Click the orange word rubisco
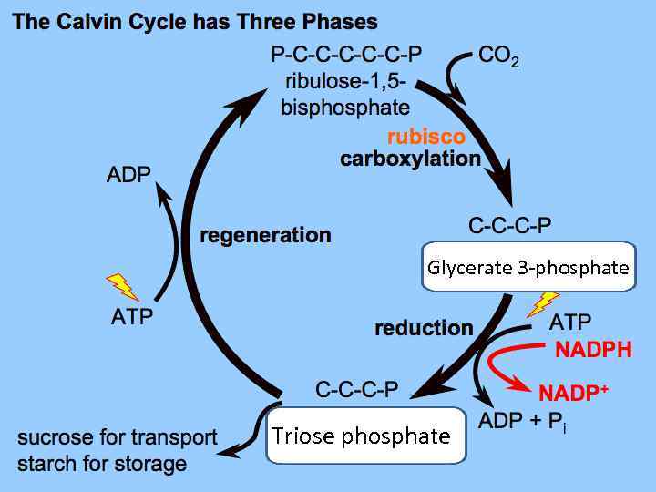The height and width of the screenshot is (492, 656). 425,137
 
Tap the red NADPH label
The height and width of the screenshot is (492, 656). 593,350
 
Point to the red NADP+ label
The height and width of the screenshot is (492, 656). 573,394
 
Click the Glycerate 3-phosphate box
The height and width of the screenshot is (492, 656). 528,267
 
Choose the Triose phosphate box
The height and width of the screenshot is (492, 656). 361,436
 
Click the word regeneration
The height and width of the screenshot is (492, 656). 265,236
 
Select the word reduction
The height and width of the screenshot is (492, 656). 424,328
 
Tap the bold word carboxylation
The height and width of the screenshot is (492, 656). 410,159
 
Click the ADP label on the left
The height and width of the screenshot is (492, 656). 128,175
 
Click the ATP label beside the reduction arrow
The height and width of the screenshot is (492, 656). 569,322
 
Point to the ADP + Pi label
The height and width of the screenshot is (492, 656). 522,421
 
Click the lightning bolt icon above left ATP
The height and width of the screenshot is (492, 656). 122,287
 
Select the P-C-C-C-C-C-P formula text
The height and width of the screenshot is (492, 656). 346,56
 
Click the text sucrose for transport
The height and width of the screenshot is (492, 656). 118,437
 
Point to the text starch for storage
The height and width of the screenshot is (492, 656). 102,463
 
